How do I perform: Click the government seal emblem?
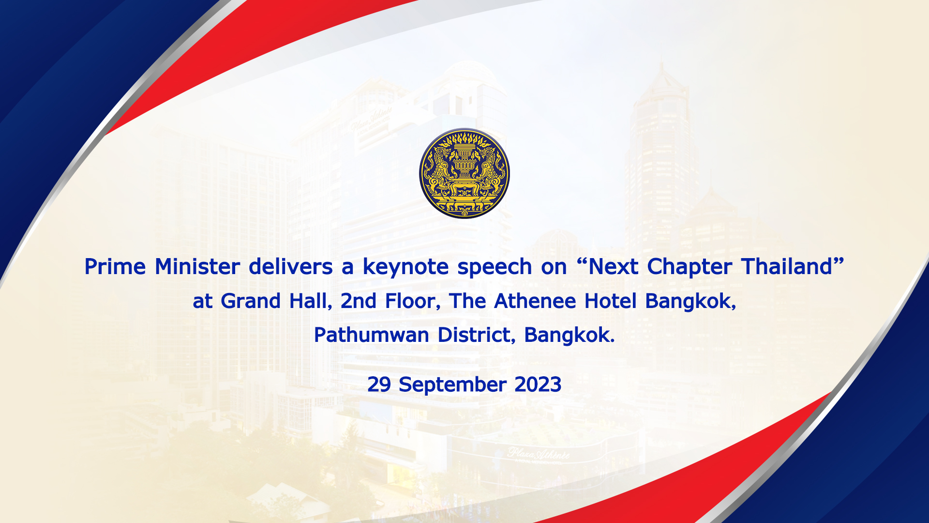point(464,173)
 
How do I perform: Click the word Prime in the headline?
point(115,266)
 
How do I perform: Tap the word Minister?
point(197,266)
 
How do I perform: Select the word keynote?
point(399,267)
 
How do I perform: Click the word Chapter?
point(689,267)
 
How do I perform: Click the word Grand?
point(251,301)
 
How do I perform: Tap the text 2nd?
point(359,301)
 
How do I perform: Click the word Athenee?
point(535,301)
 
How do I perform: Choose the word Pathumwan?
point(372,335)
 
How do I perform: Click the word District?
point(474,335)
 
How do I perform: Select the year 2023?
point(538,385)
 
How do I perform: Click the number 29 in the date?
point(379,385)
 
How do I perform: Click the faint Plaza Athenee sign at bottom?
point(539,454)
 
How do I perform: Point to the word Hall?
point(309,301)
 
